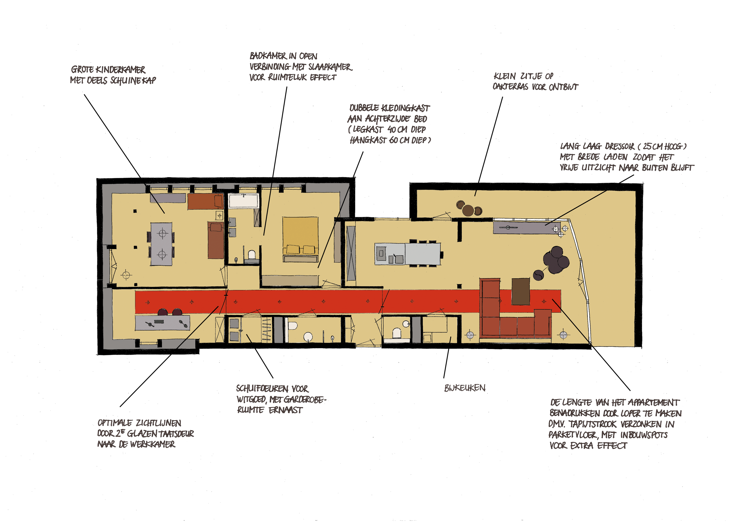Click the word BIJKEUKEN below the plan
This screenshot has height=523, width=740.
(465, 388)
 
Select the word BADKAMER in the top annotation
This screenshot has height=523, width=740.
(268, 56)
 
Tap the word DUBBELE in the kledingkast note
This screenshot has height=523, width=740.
(364, 108)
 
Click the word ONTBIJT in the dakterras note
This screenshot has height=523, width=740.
(563, 87)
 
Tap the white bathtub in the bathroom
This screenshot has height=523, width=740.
(244, 201)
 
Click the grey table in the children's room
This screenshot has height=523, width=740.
(162, 244)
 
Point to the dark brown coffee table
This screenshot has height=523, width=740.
(520, 291)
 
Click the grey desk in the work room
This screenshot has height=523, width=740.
(163, 323)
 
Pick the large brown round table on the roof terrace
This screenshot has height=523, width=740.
(468, 210)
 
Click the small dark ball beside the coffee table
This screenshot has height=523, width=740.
(538, 275)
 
